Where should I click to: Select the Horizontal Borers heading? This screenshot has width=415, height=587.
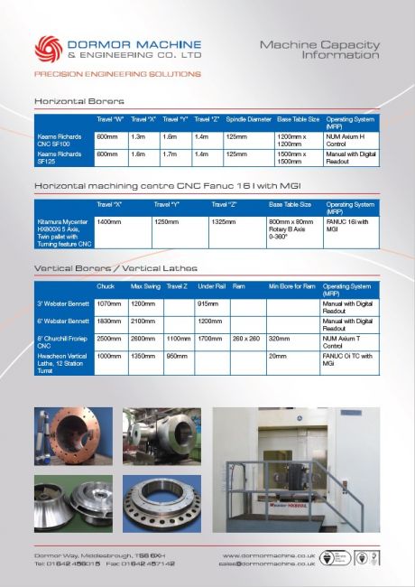[x=79, y=100]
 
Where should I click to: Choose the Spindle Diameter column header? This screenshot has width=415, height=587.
[x=248, y=119]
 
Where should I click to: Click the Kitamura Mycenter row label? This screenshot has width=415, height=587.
[x=62, y=231]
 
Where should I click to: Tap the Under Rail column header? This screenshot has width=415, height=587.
[x=211, y=286]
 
